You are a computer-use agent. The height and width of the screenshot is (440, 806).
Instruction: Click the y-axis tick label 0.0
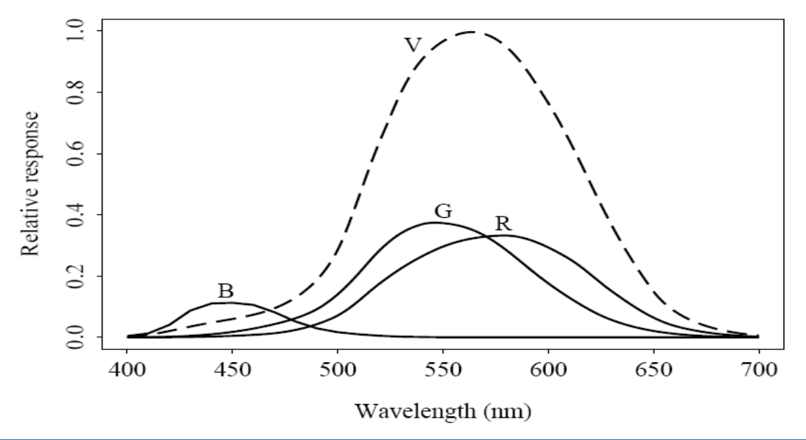click(x=74, y=337)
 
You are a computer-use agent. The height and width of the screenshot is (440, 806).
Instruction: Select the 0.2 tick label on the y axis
click(x=74, y=276)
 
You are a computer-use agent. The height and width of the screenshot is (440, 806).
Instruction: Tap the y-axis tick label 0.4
click(x=74, y=215)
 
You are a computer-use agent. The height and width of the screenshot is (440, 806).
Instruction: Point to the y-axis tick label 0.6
click(x=74, y=154)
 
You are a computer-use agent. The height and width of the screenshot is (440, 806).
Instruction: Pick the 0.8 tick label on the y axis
click(x=74, y=92)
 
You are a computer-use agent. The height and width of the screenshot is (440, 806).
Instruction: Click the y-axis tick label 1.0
click(x=74, y=32)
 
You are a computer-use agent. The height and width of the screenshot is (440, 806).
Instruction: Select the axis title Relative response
click(x=30, y=184)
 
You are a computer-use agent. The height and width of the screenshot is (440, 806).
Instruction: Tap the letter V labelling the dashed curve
click(x=413, y=46)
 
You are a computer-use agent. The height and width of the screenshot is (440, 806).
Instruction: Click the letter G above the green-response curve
click(x=443, y=211)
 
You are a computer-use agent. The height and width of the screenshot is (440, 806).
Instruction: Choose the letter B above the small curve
click(x=226, y=291)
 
